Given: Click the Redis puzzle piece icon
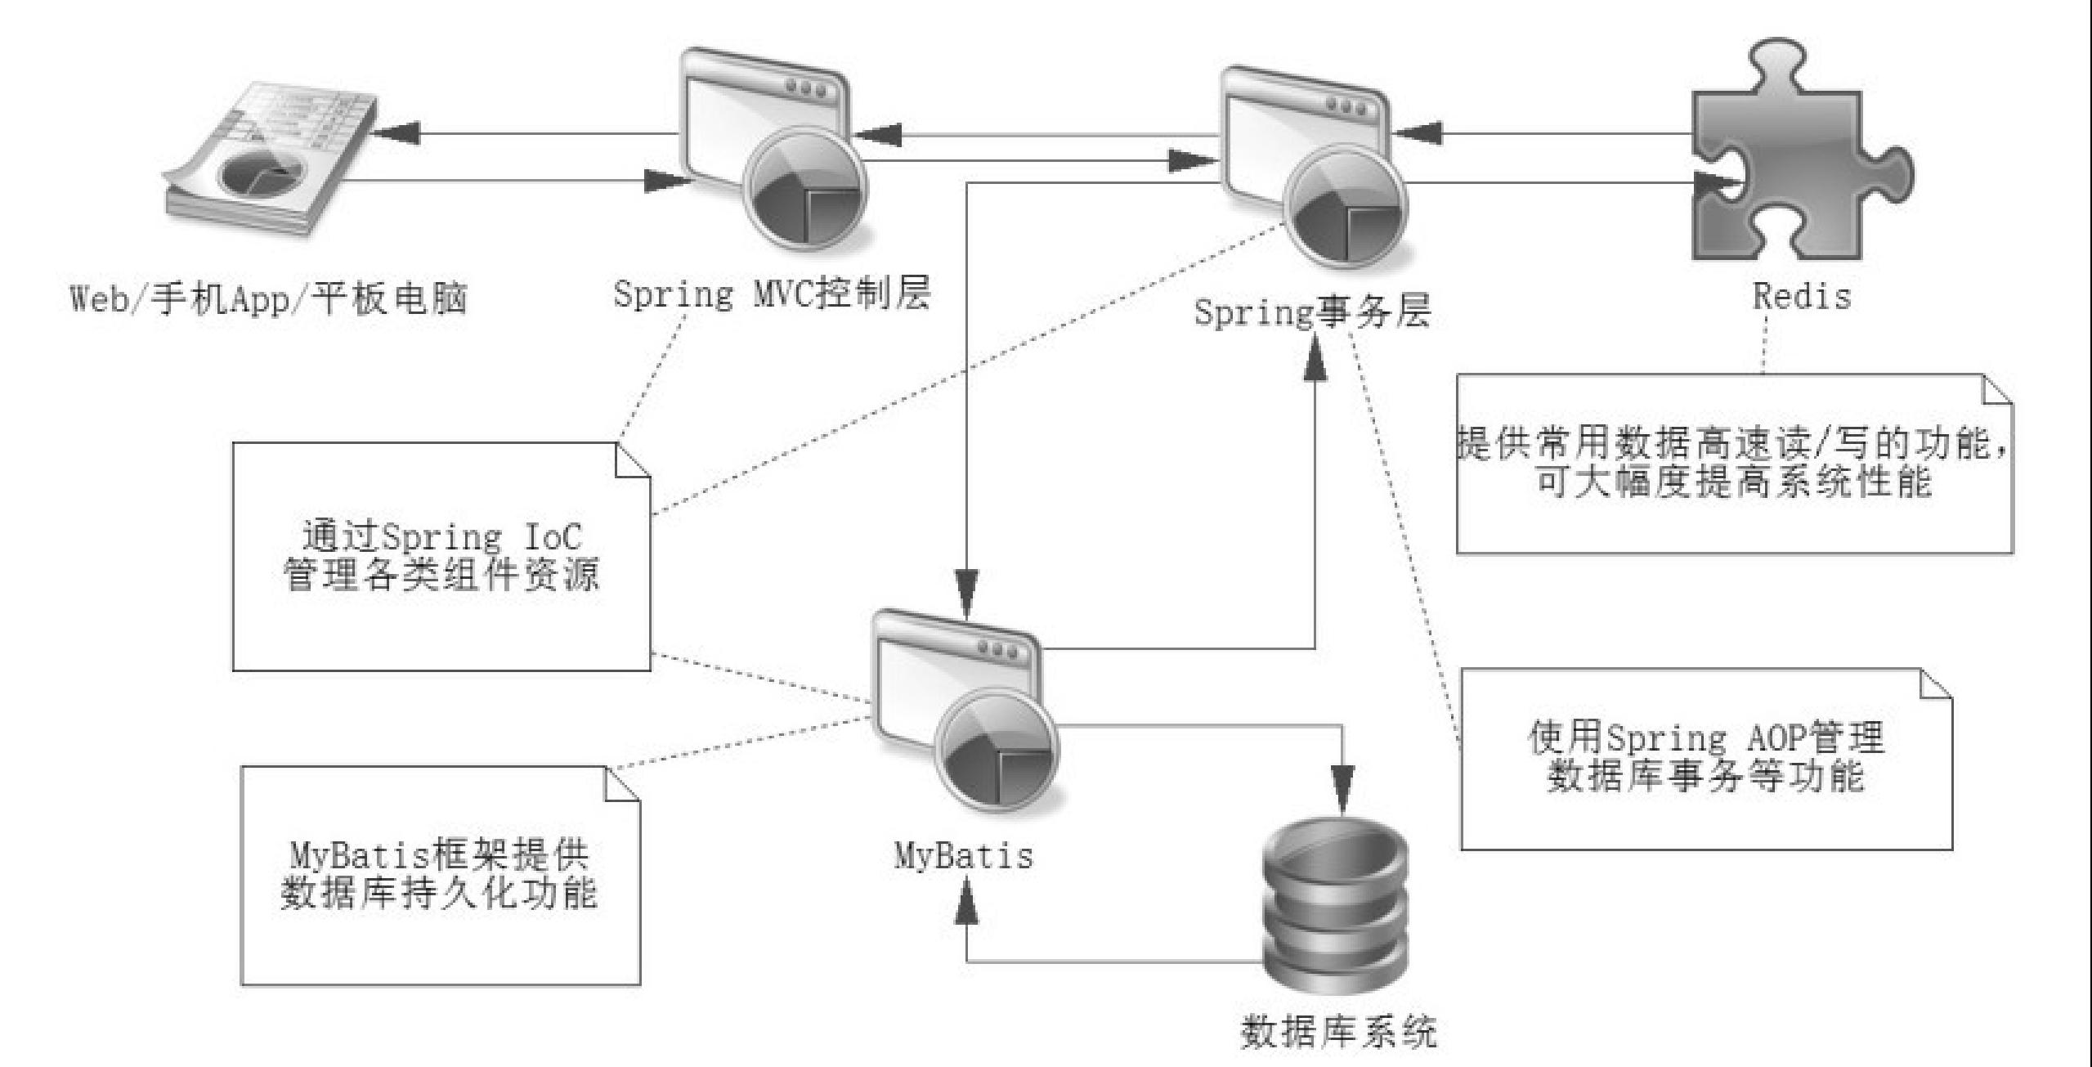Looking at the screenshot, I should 1799,155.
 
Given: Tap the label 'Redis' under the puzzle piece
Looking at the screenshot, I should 1802,296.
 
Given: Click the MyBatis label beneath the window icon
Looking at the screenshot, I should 964,856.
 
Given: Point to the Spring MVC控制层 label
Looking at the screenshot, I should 772,294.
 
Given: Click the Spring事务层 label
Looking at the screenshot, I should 1313,312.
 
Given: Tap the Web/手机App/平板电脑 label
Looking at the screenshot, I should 269,298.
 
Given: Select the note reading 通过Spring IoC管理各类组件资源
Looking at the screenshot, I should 441,556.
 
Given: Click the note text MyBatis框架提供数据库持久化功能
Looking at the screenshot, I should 440,875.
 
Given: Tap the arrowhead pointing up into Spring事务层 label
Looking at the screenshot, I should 1315,360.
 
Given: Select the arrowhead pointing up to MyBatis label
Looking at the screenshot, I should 967,903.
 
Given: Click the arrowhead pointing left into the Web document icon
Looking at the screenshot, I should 401,133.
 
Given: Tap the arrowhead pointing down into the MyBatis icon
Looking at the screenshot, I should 967,591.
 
